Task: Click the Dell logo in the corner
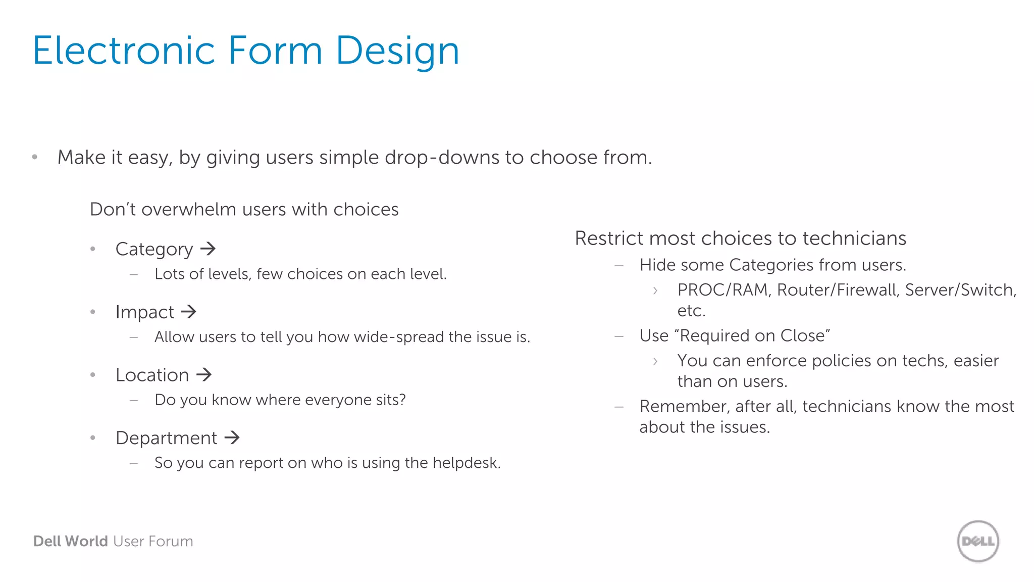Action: coord(978,541)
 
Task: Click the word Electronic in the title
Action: coord(124,51)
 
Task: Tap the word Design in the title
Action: coord(397,51)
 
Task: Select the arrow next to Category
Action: coord(208,249)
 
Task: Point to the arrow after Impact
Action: coord(188,312)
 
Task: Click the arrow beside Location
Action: coord(204,375)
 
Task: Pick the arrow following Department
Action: coord(232,438)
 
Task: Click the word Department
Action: coord(166,438)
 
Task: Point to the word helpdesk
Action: coord(466,463)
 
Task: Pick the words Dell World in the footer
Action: coord(70,541)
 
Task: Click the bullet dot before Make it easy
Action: coord(35,157)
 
